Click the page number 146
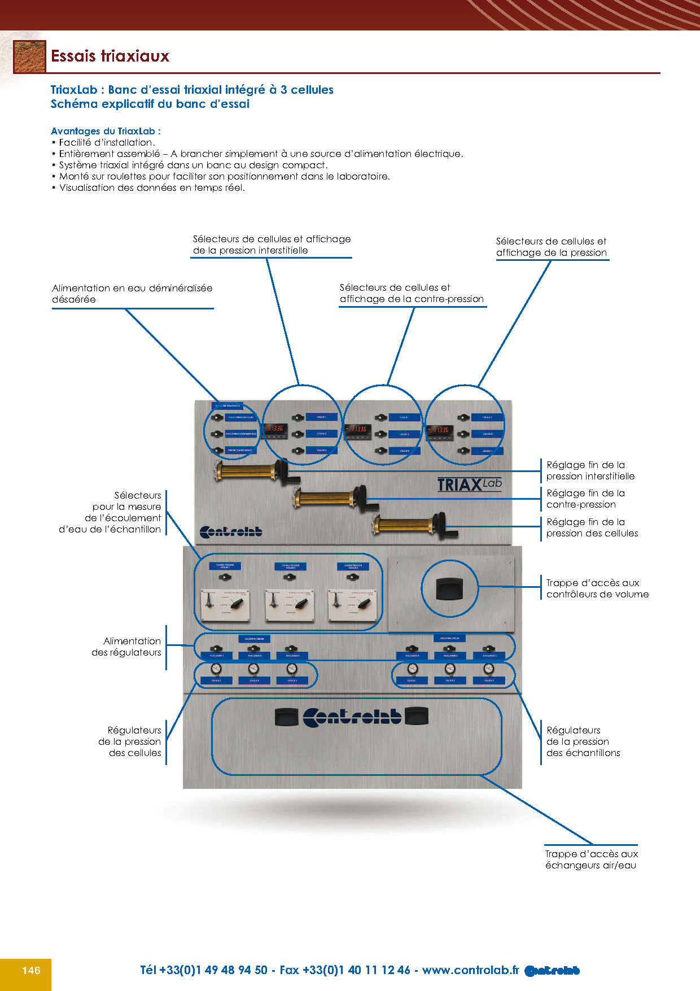click(x=31, y=970)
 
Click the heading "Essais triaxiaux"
click(x=110, y=56)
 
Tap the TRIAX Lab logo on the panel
click(x=469, y=484)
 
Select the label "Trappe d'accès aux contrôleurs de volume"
click(x=597, y=588)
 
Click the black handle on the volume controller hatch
click(x=449, y=589)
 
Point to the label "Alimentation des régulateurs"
click(x=126, y=647)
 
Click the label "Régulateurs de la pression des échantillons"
click(x=583, y=741)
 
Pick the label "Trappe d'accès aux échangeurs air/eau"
click(x=591, y=859)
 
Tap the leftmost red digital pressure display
click(x=275, y=429)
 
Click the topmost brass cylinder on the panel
click(x=246, y=470)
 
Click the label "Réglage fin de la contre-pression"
click(x=585, y=499)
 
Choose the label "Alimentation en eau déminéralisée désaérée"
click(x=132, y=294)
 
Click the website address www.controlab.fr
click(x=470, y=970)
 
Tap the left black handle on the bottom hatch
click(x=286, y=717)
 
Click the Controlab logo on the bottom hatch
click(x=352, y=717)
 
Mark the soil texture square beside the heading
click(x=29, y=56)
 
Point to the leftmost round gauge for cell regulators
click(x=216, y=669)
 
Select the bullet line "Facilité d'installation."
click(x=107, y=142)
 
